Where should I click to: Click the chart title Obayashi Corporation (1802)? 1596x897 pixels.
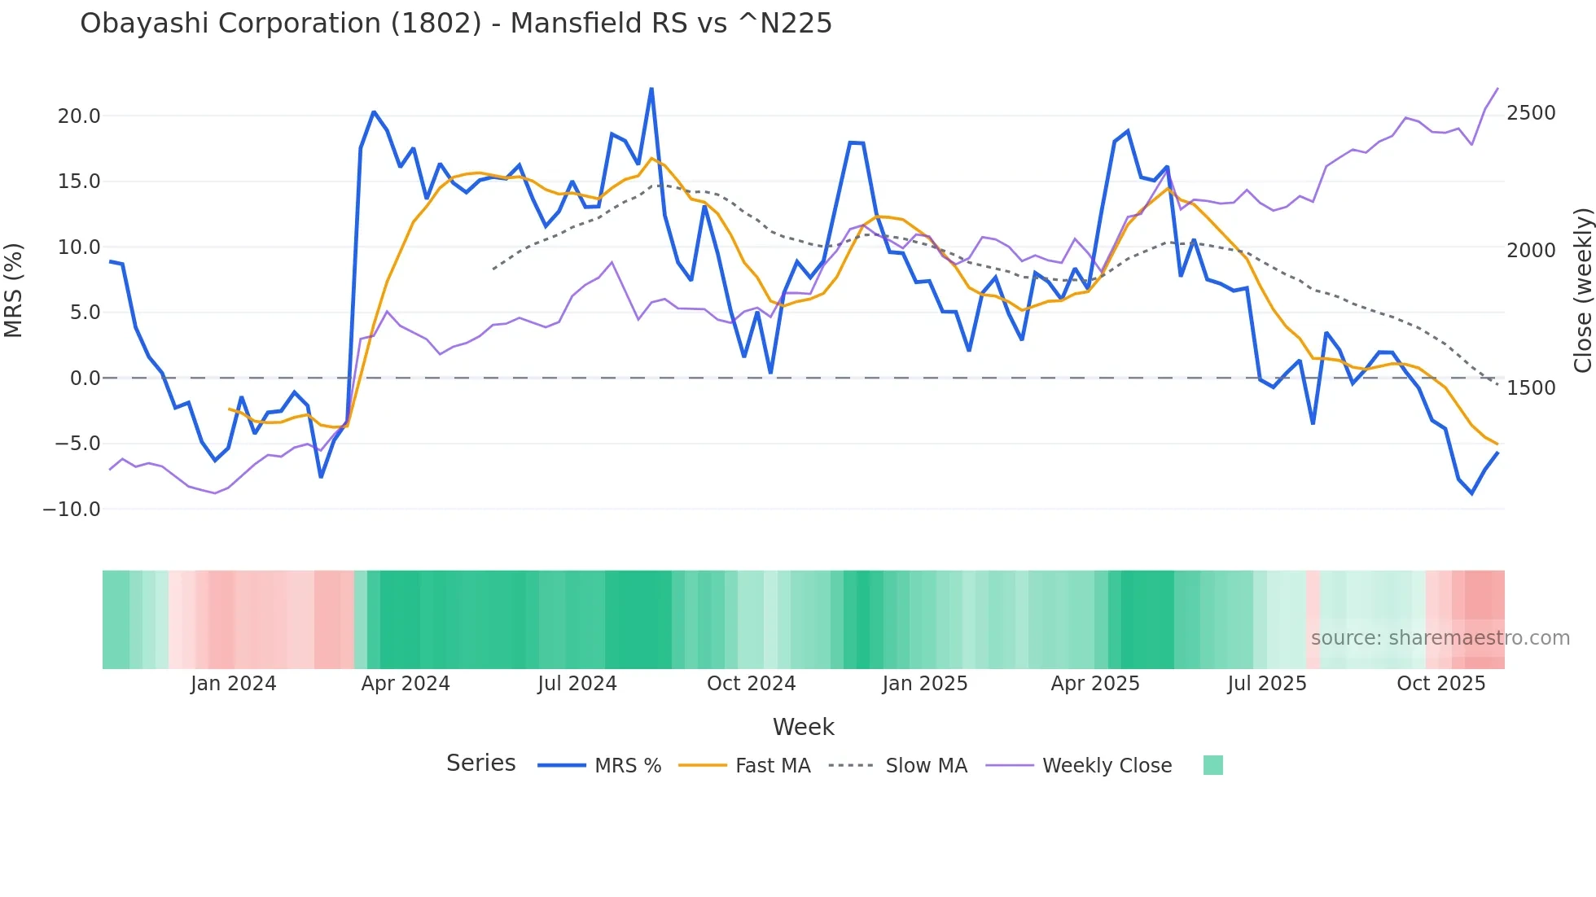pyautogui.click(x=456, y=24)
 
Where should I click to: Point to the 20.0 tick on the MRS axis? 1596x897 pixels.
pyautogui.click(x=79, y=116)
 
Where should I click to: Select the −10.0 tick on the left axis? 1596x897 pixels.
pyautogui.click(x=72, y=510)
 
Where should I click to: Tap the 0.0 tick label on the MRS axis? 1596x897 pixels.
pyautogui.click(x=85, y=378)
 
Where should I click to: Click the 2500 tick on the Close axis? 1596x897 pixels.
pyautogui.click(x=1531, y=113)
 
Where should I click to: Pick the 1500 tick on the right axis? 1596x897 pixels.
pyautogui.click(x=1531, y=388)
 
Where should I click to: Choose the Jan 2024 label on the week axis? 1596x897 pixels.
pyautogui.click(x=234, y=684)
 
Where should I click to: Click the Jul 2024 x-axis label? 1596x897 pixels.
pyautogui.click(x=577, y=684)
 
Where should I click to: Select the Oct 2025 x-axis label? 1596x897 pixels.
pyautogui.click(x=1441, y=684)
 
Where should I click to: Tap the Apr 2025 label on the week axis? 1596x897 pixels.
pyautogui.click(x=1095, y=684)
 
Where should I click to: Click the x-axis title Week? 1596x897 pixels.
pyautogui.click(x=803, y=727)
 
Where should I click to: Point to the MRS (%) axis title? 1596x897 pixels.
pyautogui.click(x=14, y=290)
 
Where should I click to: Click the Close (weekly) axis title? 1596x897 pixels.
pyautogui.click(x=1582, y=290)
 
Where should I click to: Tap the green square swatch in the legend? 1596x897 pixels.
pyautogui.click(x=1213, y=765)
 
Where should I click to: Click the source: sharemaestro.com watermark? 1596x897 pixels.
pyautogui.click(x=1440, y=638)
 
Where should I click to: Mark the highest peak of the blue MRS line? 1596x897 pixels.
pyautogui.click(x=651, y=89)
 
